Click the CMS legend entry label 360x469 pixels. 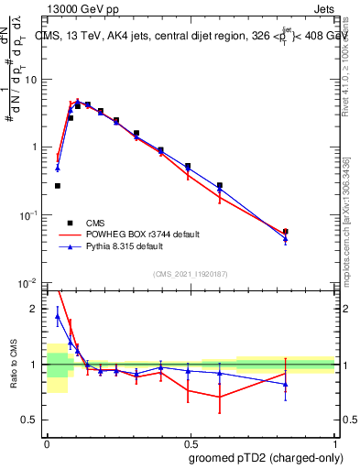coord(95,223)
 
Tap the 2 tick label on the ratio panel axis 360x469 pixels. coord(37,310)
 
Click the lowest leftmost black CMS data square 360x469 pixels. coord(58,186)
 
